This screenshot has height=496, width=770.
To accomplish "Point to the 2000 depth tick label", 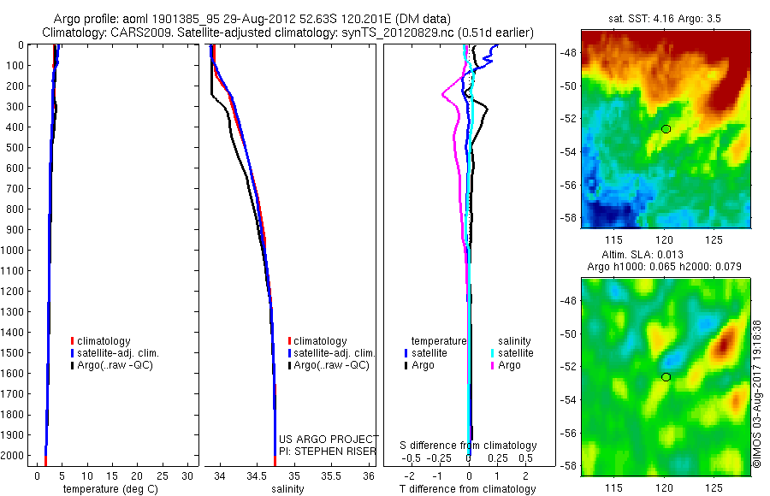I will pyautogui.click(x=13, y=456).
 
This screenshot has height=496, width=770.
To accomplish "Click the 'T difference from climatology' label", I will pyautogui.click(x=469, y=489).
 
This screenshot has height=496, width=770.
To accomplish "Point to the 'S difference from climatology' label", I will pyautogui.click(x=469, y=446).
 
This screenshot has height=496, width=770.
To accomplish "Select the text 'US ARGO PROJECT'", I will pyautogui.click(x=329, y=439).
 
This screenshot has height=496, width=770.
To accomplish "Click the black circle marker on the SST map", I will pyautogui.click(x=666, y=129).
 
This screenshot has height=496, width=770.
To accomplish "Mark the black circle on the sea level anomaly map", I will pyautogui.click(x=666, y=377).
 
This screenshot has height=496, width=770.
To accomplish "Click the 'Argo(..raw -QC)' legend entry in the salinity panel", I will pyautogui.click(x=331, y=365).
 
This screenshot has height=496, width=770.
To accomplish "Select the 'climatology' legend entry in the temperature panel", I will pyautogui.click(x=104, y=341).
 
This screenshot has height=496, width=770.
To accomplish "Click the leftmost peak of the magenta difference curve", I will pyautogui.click(x=442, y=93).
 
